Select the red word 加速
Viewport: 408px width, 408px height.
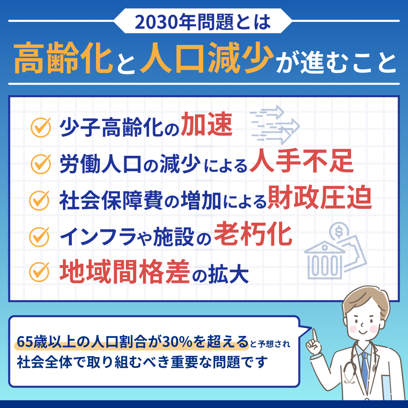(206, 126)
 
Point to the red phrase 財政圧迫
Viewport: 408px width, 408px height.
(320, 199)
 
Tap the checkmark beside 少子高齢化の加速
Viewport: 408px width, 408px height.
(40, 127)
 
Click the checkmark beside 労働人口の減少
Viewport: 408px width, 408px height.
(40, 163)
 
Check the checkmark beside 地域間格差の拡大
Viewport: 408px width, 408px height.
(40, 272)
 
